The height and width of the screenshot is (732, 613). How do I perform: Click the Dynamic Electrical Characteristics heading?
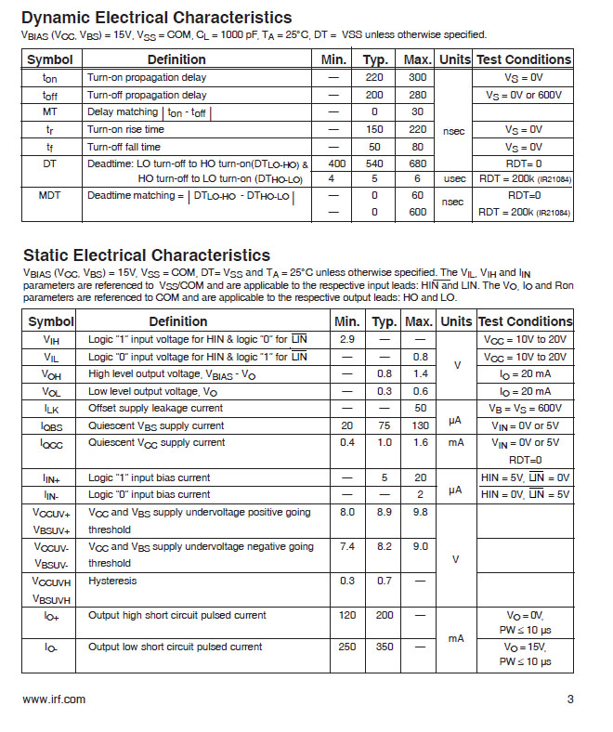pos(156,18)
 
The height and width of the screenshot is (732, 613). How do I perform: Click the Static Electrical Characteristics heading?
pos(147,255)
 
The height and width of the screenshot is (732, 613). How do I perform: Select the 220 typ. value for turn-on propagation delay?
pos(374,78)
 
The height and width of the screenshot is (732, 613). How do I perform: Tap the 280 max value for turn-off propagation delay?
pos(418,95)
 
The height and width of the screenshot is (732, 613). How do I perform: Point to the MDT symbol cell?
pos(49,196)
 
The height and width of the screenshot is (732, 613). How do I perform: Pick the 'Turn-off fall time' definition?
pos(124,147)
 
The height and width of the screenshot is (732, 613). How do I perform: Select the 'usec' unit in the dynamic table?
pos(454,179)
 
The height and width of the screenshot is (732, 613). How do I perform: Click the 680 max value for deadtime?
pos(418,163)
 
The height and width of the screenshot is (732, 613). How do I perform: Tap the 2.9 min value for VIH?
pos(347,339)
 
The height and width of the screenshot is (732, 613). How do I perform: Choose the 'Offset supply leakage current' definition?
pos(155,408)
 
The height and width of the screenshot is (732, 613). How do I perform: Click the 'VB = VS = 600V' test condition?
pos(525,408)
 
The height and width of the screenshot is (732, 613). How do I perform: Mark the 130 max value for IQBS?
pos(418,425)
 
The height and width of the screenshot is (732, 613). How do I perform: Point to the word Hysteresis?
pos(112,581)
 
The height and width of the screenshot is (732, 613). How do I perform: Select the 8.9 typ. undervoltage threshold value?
pos(383,512)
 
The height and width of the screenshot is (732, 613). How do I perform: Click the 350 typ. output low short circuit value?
pos(383,647)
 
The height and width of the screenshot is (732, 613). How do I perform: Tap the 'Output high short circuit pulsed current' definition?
pos(176,615)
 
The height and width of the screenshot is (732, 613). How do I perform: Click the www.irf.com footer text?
pos(54,699)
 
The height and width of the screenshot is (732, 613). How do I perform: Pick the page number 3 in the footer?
pos(570,699)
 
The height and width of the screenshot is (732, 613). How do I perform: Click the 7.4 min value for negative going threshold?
pos(347,547)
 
